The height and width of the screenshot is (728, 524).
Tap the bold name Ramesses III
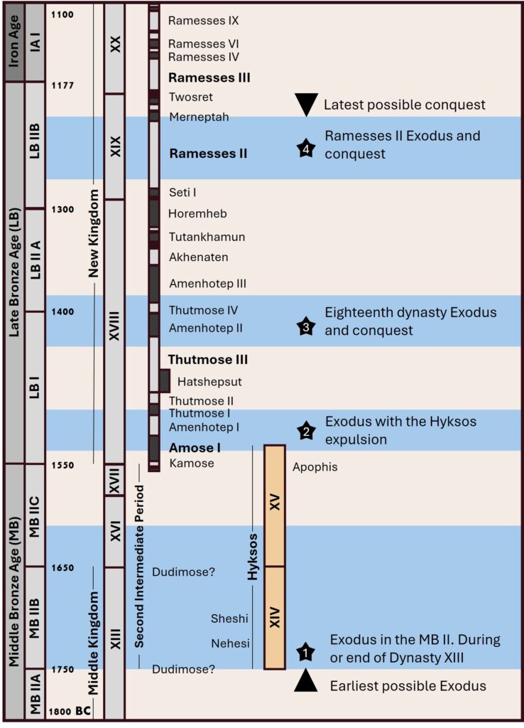tap(209, 77)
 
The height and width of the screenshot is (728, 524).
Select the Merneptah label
tap(199, 117)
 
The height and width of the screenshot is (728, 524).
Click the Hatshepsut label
tap(209, 382)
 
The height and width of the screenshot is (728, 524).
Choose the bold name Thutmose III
tap(208, 360)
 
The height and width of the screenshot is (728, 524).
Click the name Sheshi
tap(229, 619)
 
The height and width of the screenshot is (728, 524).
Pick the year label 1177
tap(63, 86)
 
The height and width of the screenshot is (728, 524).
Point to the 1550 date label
tap(63, 465)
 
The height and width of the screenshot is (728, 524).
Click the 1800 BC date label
tap(70, 710)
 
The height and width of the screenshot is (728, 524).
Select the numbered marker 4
tap(305, 149)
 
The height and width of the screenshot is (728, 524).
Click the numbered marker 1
tap(305, 651)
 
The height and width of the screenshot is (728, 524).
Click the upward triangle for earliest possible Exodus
tap(305, 680)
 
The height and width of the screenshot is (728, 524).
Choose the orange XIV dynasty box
tap(275, 617)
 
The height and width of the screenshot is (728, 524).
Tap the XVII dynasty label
tap(114, 479)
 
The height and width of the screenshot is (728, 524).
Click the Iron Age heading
tap(13, 42)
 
